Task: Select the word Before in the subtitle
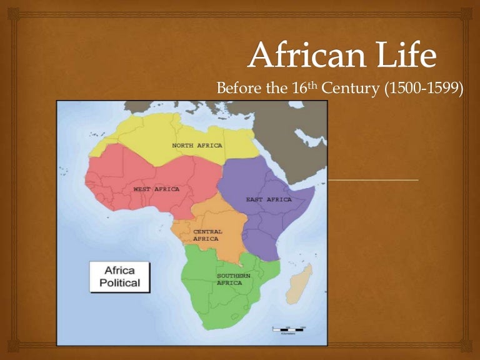(x=237, y=89)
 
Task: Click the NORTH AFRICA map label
(x=197, y=146)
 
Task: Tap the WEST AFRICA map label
(x=156, y=189)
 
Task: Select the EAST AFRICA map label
(x=269, y=199)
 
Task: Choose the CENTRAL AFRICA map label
(x=207, y=235)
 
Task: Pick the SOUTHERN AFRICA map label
(x=233, y=279)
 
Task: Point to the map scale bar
(x=288, y=329)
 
